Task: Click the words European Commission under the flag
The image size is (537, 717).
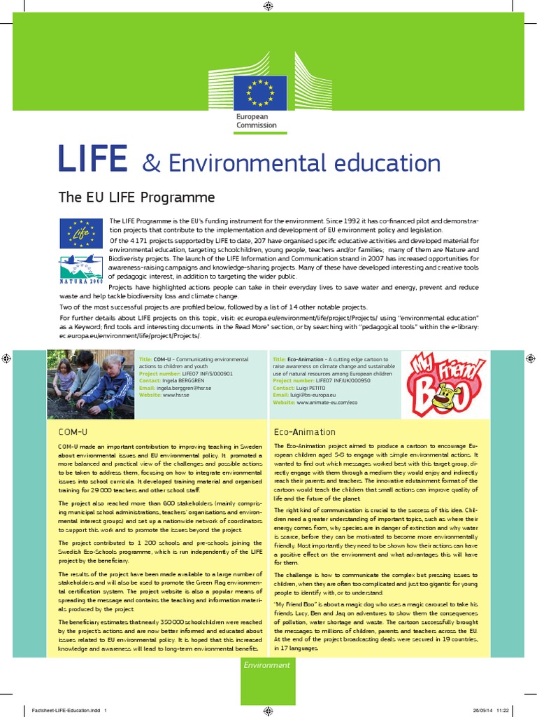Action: (256, 121)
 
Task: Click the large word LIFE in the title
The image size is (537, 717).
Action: (92, 160)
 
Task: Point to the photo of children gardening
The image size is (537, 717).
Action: (89, 383)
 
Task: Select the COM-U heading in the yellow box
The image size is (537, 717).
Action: (69, 432)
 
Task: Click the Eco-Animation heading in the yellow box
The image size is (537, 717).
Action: (304, 432)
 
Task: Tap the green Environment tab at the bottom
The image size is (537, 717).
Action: (266, 664)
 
